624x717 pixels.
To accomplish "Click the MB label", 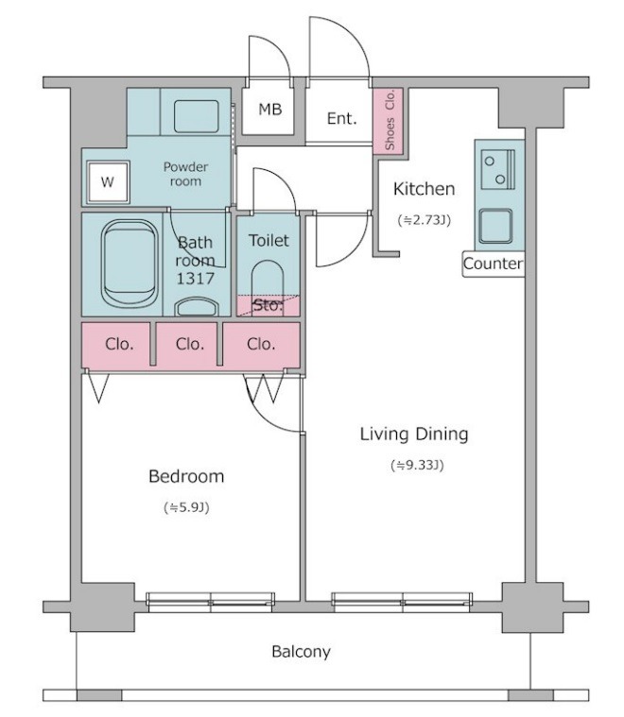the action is tap(269, 110).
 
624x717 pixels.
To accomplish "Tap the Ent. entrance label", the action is tap(341, 118).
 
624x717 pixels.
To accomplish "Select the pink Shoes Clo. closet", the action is tap(389, 121).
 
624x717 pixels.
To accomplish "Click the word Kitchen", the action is tap(424, 189).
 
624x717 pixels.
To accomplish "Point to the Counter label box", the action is tap(494, 264).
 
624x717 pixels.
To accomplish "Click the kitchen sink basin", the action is tap(495, 226).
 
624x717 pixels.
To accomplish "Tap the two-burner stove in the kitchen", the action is tap(498, 169).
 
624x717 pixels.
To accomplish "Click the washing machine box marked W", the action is tap(108, 182).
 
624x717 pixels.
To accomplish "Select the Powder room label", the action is tap(185, 174).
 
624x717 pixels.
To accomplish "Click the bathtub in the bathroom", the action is tap(130, 263).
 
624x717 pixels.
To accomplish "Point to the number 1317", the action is tap(196, 278).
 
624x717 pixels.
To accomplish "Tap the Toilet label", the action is tap(269, 240).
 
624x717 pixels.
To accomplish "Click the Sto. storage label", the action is tap(268, 305).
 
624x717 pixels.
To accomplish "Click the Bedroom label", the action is tap(186, 476).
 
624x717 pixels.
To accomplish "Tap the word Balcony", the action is tap(301, 651).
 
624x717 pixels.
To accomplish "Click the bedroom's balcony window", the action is tap(211, 602).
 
